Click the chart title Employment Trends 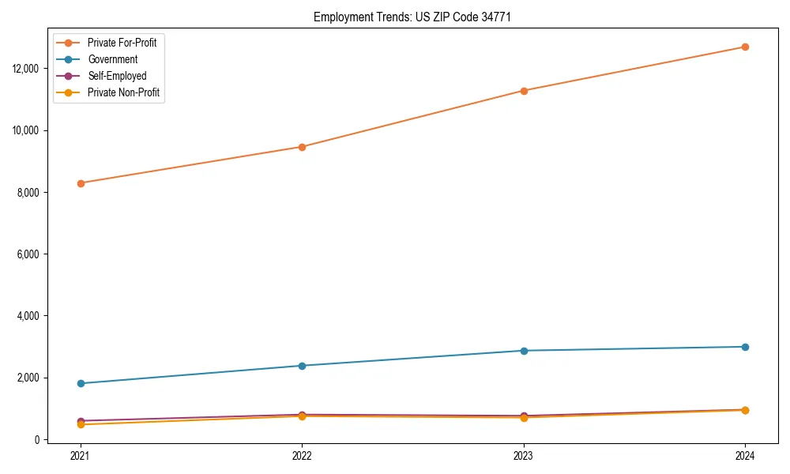(412, 17)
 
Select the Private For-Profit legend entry (122, 43)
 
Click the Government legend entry (112, 59)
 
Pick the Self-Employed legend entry (117, 77)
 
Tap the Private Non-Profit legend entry (123, 93)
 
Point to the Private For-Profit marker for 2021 (81, 183)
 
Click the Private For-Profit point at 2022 (302, 147)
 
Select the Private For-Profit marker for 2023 (524, 91)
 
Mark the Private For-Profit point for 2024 (745, 47)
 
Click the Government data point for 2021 (81, 383)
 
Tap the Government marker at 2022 (302, 366)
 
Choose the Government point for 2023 (524, 351)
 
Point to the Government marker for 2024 (745, 347)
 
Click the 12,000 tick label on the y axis (28, 69)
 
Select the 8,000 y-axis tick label (30, 193)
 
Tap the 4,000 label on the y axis (30, 316)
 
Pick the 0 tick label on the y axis (37, 440)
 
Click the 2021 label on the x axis (81, 455)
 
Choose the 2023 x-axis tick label (524, 455)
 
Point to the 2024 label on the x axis (745, 455)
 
